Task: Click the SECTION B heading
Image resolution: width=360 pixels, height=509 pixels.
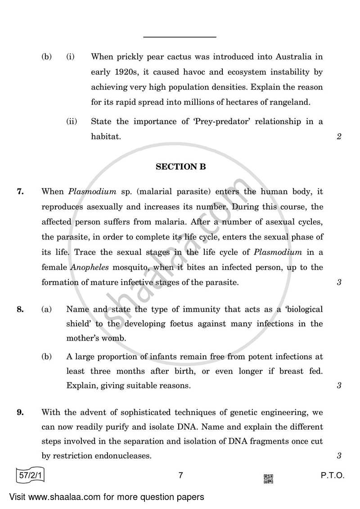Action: tap(180, 167)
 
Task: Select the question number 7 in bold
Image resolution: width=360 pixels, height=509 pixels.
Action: tap(20, 191)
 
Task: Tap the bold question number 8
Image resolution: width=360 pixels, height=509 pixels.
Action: tap(20, 309)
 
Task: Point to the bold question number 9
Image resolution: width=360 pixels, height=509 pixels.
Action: tap(20, 412)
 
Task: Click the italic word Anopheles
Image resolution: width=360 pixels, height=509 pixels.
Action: tap(87, 267)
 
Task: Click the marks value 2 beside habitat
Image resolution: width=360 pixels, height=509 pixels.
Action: tap(338, 137)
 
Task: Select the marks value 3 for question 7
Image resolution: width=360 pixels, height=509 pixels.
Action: tap(338, 283)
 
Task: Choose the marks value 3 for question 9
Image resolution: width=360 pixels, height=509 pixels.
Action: tap(338, 456)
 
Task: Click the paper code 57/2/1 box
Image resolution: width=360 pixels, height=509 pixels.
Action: tap(30, 476)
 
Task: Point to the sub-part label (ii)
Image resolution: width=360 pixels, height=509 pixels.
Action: tap(71, 122)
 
